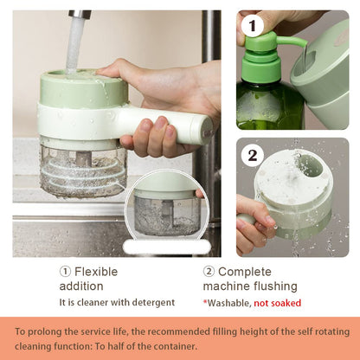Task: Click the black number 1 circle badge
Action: (253, 26)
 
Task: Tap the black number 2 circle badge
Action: (253, 155)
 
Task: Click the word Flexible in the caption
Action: (96, 271)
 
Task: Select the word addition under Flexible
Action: (81, 286)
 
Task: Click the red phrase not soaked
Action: (275, 303)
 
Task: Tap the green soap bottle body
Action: (270, 104)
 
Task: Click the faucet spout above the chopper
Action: (79, 17)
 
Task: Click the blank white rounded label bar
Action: (166, 247)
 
